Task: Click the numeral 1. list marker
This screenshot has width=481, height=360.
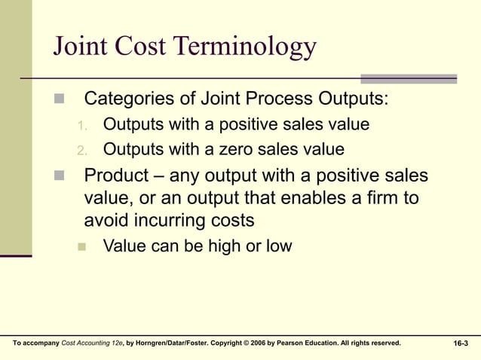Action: coord(84,124)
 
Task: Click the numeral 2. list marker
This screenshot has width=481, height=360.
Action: coord(84,149)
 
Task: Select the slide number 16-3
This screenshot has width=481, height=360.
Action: coord(460,343)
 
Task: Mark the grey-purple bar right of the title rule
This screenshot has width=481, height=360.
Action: coord(409,78)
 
